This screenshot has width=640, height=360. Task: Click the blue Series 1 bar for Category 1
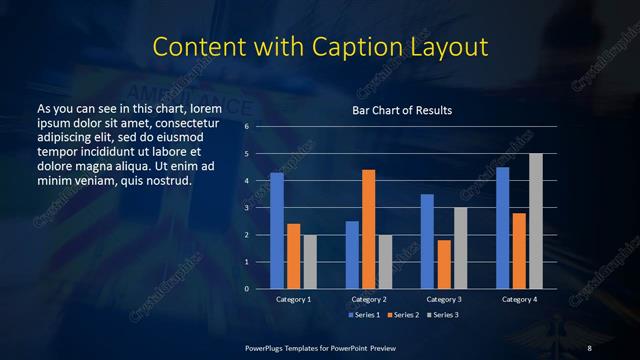(x=277, y=231)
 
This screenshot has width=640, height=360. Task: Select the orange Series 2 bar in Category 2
(x=369, y=229)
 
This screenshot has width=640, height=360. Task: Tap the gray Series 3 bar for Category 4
(x=536, y=221)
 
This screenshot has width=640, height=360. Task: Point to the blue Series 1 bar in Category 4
(x=502, y=228)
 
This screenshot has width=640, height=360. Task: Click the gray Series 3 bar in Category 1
(x=310, y=262)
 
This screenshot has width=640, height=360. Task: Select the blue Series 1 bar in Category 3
(x=427, y=241)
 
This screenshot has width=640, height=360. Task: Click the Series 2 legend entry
(x=403, y=315)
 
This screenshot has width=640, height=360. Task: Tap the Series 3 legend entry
(x=444, y=315)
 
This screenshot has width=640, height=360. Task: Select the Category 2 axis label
(x=369, y=299)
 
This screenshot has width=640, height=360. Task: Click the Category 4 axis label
(x=519, y=299)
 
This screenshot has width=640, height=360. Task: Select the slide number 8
(x=590, y=347)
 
